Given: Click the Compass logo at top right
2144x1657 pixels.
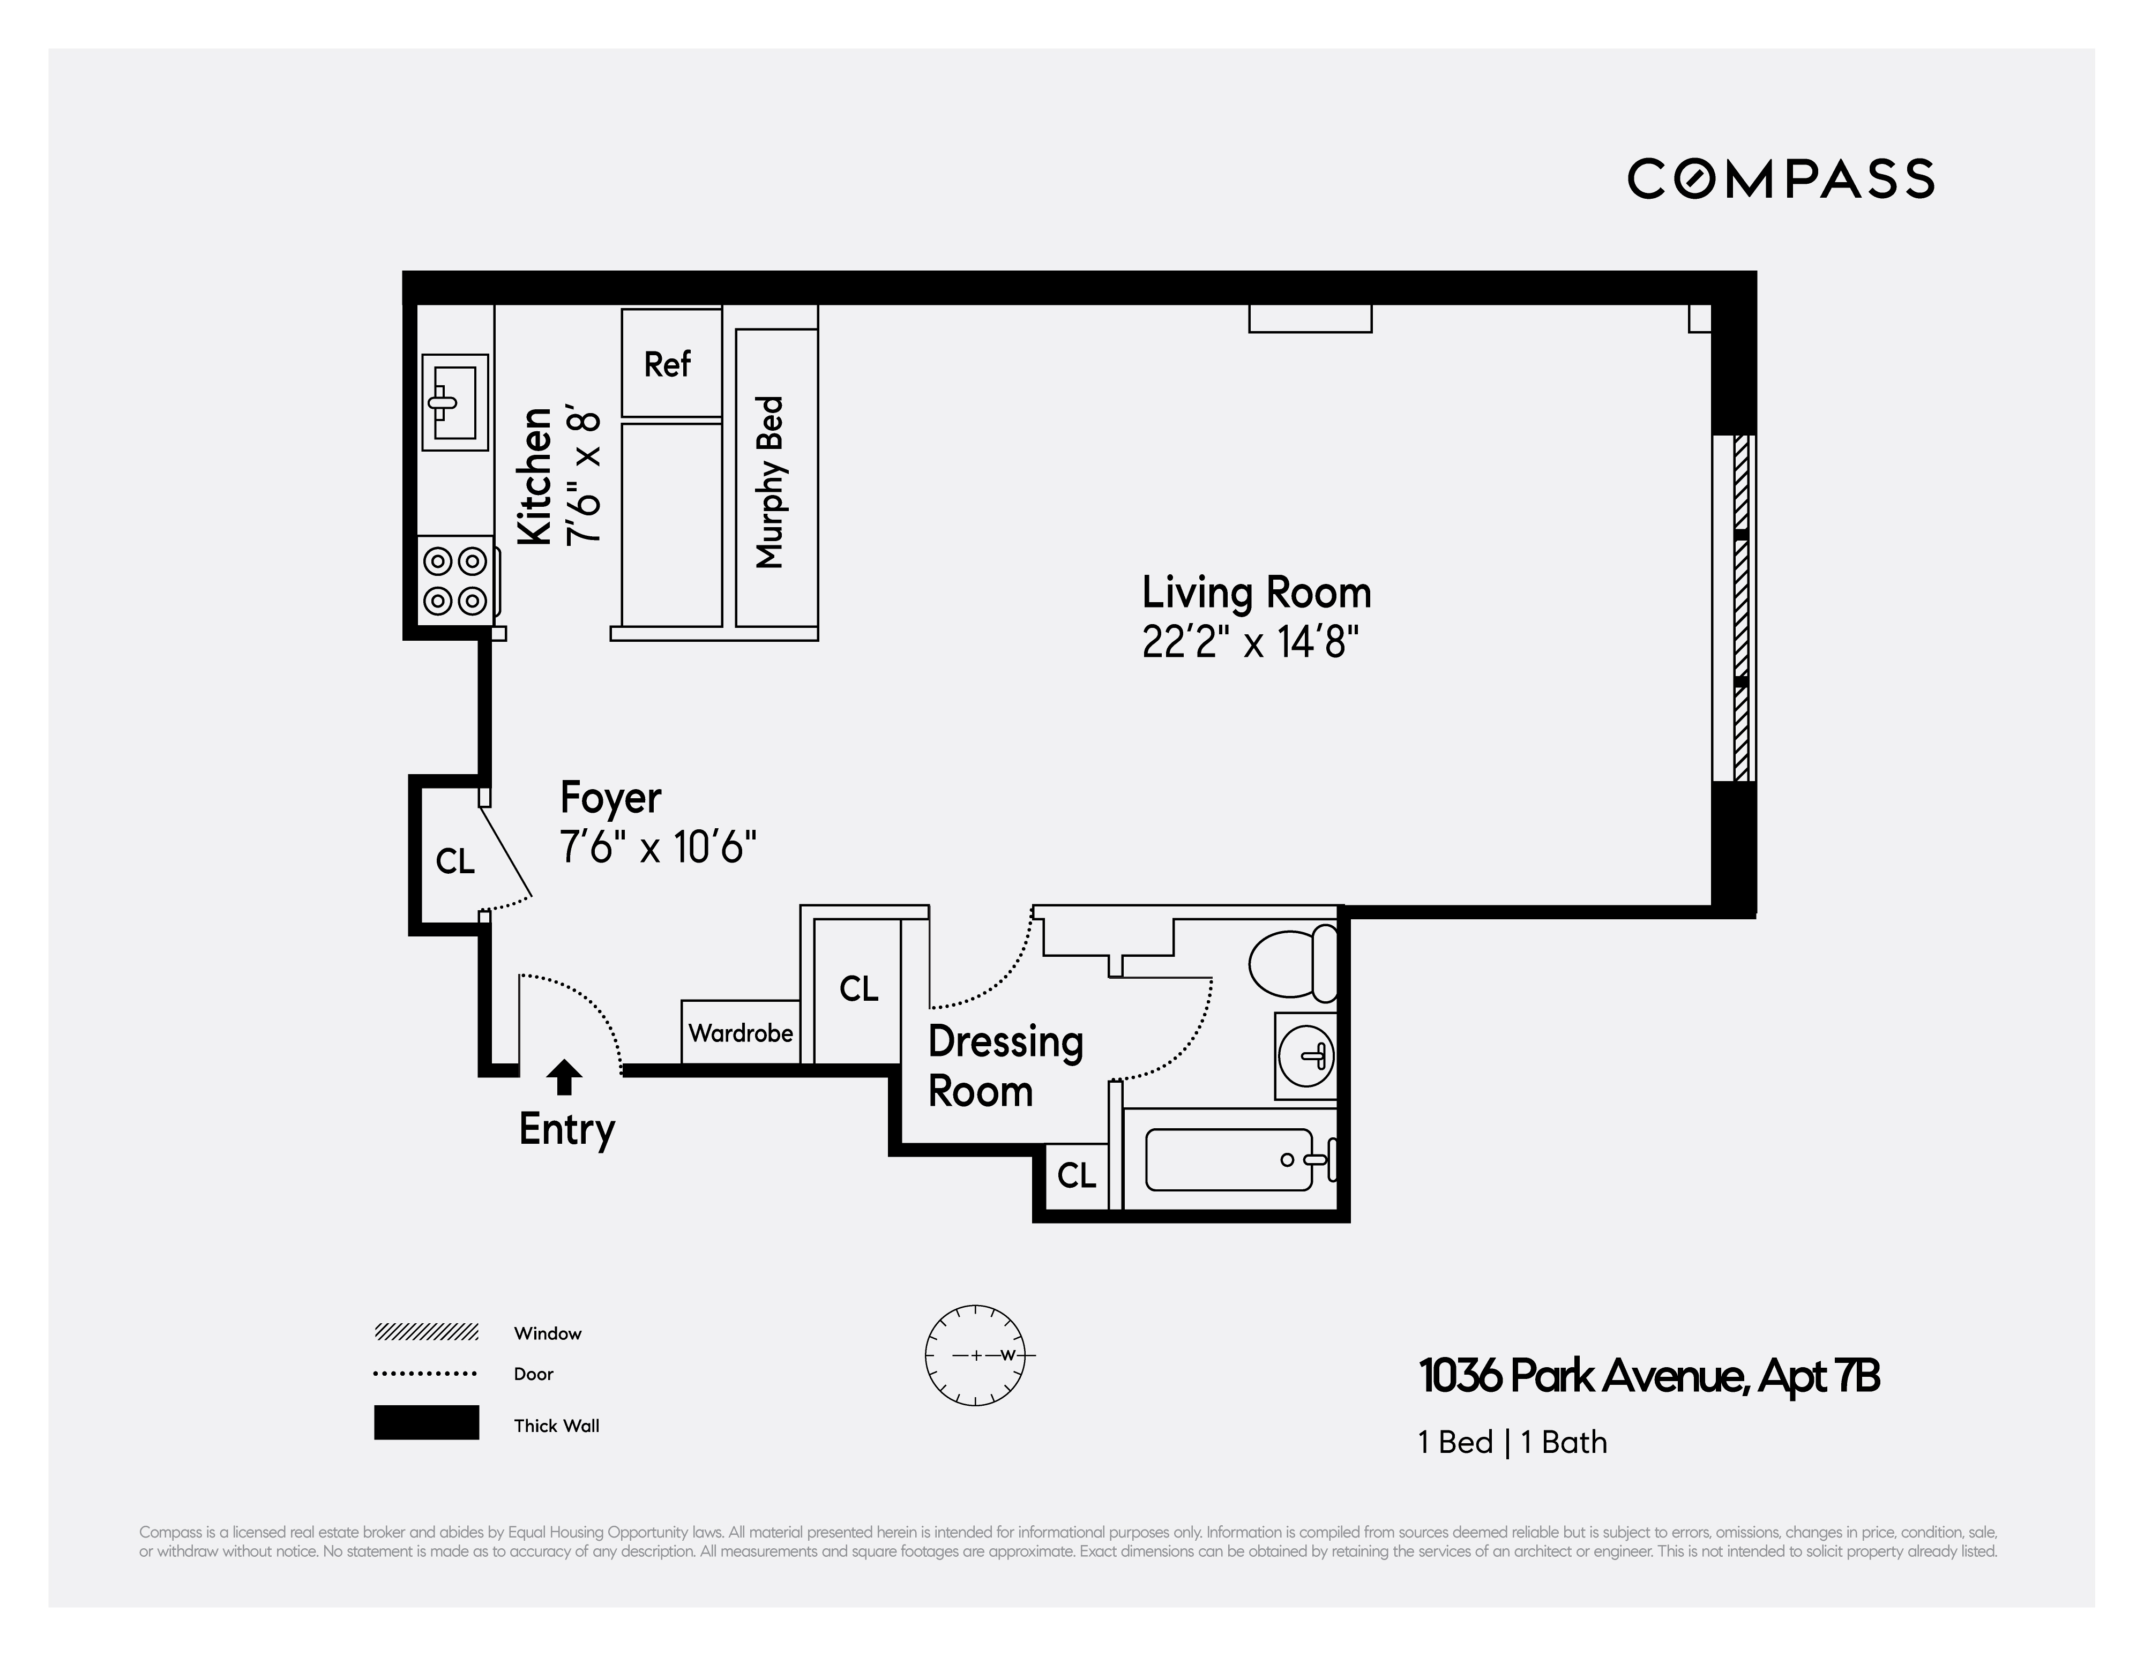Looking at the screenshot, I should point(1780,178).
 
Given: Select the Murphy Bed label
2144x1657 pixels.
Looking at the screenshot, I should point(771,481).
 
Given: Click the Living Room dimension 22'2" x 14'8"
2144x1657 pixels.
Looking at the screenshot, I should point(1250,643).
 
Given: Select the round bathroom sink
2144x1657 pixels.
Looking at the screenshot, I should point(1306,1055).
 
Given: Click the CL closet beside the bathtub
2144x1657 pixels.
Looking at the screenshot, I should point(1076,1175).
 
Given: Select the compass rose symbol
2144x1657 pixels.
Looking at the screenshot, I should point(976,1355).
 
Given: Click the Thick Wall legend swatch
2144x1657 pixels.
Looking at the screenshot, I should point(426,1422).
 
